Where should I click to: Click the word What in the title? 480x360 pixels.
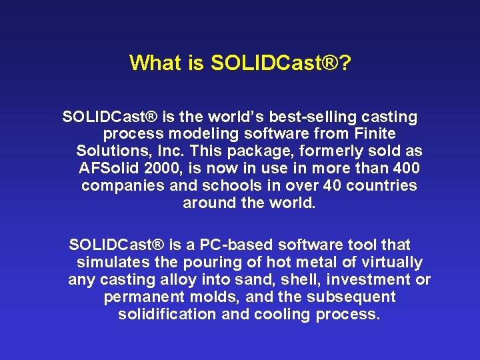pyautogui.click(x=155, y=63)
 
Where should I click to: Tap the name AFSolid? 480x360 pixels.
pyautogui.click(x=111, y=169)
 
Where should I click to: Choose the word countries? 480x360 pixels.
pyautogui.click(x=382, y=186)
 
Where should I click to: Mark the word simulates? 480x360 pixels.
pyautogui.click(x=111, y=263)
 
